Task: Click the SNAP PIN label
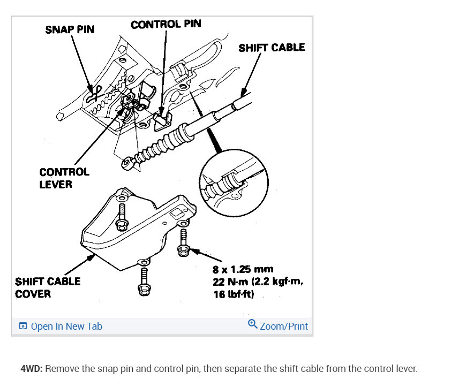(70, 29)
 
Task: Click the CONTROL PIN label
(166, 25)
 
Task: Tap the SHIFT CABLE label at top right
(272, 48)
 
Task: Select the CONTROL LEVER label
(64, 178)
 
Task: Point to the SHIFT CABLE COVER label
(48, 287)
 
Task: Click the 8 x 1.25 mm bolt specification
(243, 270)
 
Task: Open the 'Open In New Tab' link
(66, 326)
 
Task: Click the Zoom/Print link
(284, 326)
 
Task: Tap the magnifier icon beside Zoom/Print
(253, 324)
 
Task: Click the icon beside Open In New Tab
(22, 326)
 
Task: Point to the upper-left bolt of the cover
(121, 214)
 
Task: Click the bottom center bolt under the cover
(143, 281)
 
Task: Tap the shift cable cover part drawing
(134, 230)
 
